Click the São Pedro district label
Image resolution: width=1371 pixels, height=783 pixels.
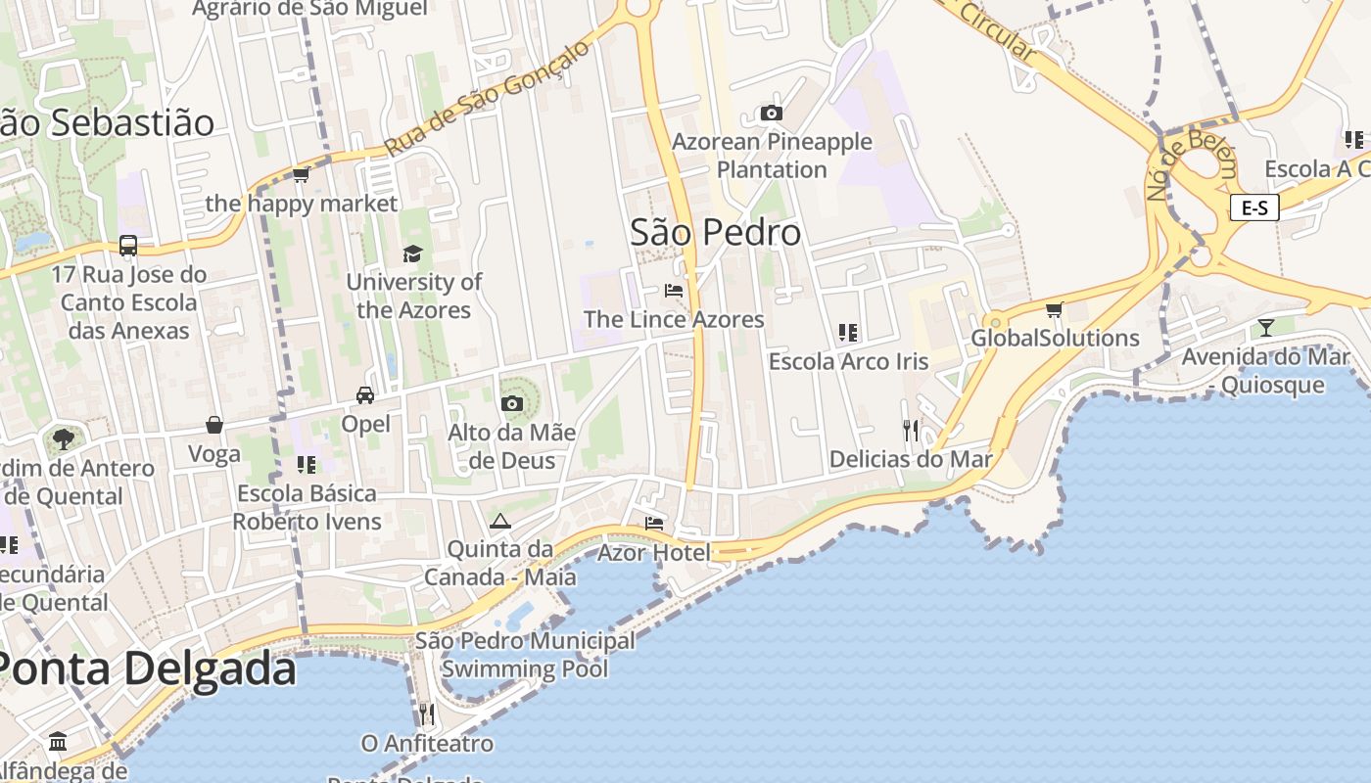[x=715, y=233]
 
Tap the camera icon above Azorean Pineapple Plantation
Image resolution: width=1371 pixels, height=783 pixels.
[x=772, y=114]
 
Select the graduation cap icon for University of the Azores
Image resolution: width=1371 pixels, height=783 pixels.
[x=413, y=254]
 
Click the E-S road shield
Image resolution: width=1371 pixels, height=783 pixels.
[x=1254, y=207]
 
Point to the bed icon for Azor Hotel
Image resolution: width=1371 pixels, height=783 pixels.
[x=654, y=524]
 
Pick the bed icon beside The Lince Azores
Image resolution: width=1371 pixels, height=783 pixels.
[x=674, y=291]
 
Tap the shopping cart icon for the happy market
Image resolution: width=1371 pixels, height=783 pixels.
[x=301, y=175]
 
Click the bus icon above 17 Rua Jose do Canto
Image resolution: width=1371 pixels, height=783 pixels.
[x=128, y=246]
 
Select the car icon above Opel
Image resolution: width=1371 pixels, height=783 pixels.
[x=365, y=395]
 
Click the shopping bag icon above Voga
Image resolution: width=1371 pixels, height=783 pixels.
[x=214, y=425]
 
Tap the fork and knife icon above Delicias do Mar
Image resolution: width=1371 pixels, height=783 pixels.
[x=911, y=430]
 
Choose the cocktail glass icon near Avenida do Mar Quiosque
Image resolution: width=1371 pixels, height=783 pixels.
[x=1266, y=327]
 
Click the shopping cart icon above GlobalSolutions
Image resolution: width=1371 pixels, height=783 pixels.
[x=1054, y=310]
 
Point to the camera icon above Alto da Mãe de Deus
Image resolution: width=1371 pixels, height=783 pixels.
[x=511, y=403]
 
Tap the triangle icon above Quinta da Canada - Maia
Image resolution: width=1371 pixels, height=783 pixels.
[x=500, y=521]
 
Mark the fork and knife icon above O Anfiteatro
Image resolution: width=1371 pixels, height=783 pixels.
[x=426, y=714]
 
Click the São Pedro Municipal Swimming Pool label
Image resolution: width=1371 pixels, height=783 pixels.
[x=525, y=655]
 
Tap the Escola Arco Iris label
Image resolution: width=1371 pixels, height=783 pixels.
[x=848, y=361]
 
